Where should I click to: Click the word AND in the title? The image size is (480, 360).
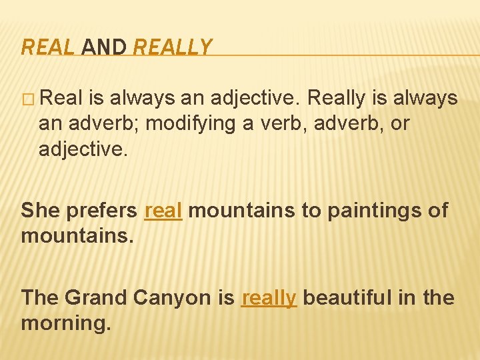point(105,47)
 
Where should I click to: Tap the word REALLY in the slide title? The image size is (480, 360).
point(172,47)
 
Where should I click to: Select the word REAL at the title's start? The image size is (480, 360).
point(49,47)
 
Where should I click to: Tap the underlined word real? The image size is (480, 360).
point(163,210)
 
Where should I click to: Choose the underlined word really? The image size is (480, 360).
point(268,297)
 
